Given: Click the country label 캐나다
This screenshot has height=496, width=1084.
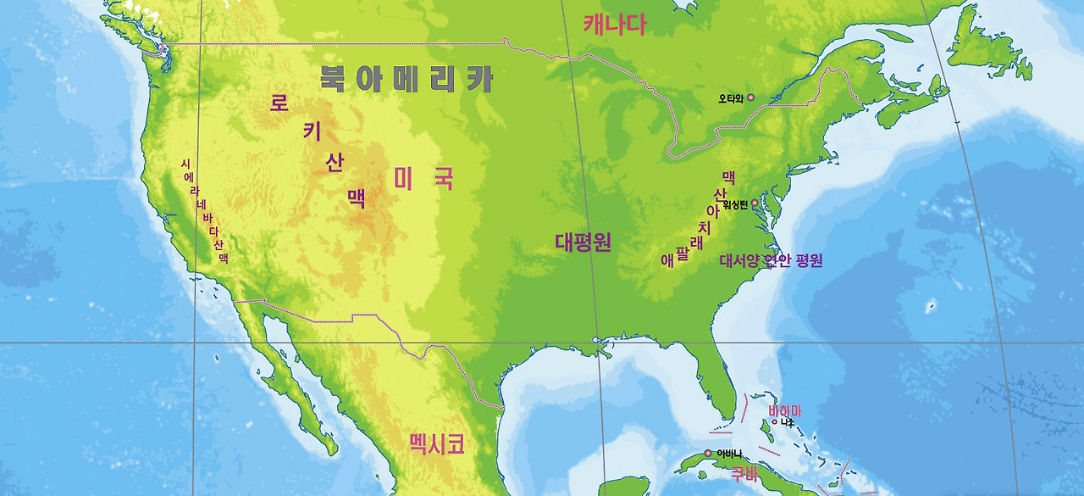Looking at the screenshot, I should pyautogui.click(x=614, y=25).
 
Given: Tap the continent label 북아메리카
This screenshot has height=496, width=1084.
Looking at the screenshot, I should pyautogui.click(x=406, y=79).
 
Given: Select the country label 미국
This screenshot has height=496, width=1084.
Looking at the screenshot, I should pyautogui.click(x=423, y=179).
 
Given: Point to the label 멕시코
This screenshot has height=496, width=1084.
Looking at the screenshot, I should pyautogui.click(x=436, y=443).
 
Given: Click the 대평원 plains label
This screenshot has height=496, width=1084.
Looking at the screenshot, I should pyautogui.click(x=583, y=242).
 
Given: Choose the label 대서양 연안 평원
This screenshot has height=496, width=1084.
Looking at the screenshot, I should pyautogui.click(x=771, y=260).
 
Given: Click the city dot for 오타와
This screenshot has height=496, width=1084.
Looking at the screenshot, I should pyautogui.click(x=750, y=98).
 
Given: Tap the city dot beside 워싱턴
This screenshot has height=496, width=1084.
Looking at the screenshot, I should pyautogui.click(x=755, y=203).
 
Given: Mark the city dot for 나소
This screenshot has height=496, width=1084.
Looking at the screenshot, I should pyautogui.click(x=774, y=421).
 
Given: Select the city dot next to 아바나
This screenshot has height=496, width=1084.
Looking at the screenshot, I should pyautogui.click(x=709, y=453).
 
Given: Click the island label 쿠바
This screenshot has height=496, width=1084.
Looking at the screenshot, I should pyautogui.click(x=744, y=472).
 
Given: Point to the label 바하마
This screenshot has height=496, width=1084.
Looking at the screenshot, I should pyautogui.click(x=784, y=410).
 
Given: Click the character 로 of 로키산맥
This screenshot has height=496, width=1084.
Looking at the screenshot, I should pyautogui.click(x=279, y=103).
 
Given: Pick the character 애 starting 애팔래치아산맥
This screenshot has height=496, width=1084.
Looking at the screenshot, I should pyautogui.click(x=667, y=259).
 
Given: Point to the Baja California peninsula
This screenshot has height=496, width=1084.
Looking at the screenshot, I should pyautogui.click(x=279, y=365).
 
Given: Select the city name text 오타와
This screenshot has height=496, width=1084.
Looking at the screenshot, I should pyautogui.click(x=731, y=98).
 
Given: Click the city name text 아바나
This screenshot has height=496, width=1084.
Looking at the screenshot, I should pyautogui.click(x=729, y=453).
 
